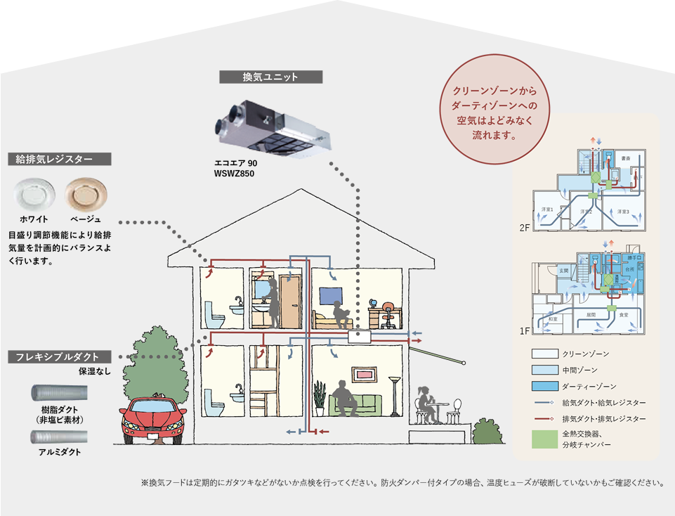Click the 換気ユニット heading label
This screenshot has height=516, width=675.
[x=270, y=77]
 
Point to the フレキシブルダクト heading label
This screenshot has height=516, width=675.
[x=58, y=357]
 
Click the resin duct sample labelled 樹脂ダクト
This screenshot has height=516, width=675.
[x=59, y=391]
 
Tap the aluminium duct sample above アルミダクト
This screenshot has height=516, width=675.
[x=59, y=437]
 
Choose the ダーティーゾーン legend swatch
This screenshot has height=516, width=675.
[x=544, y=387]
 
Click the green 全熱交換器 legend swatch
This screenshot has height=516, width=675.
[x=544, y=439]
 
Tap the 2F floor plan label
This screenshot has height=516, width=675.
[x=523, y=228]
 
